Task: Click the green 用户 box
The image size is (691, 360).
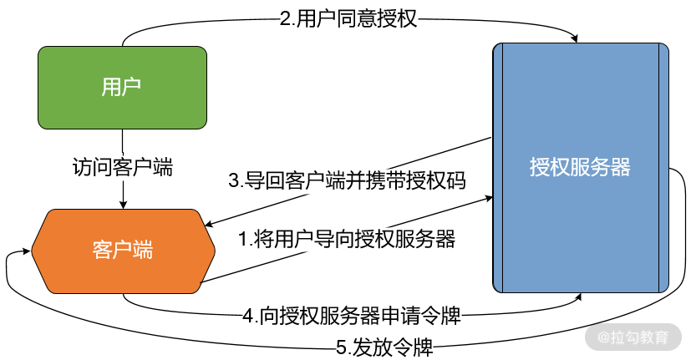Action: (x=122, y=87)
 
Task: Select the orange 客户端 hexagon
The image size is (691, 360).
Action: (x=122, y=251)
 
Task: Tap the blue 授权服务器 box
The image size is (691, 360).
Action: (x=580, y=167)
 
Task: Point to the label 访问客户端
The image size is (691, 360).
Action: (x=123, y=166)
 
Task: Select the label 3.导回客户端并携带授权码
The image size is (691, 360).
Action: (x=347, y=180)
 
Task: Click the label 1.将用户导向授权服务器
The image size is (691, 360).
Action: (x=347, y=240)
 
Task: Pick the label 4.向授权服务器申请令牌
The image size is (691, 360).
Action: (x=352, y=317)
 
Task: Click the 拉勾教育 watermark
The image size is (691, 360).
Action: (x=633, y=338)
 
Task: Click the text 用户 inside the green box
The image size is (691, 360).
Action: (x=122, y=87)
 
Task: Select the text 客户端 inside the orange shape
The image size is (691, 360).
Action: (x=122, y=251)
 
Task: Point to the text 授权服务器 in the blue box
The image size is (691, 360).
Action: (x=580, y=167)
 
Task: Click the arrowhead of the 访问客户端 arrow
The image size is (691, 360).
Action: (x=123, y=204)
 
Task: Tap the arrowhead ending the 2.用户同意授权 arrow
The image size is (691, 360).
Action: (x=575, y=38)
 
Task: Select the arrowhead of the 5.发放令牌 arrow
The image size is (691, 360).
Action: (x=12, y=253)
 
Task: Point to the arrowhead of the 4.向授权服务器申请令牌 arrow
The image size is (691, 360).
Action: (x=579, y=297)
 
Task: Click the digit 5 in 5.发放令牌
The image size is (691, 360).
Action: (x=341, y=344)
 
